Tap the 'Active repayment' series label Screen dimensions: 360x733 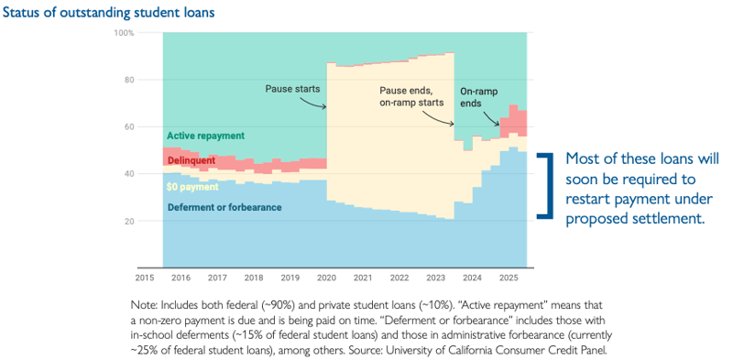pyautogui.click(x=205, y=136)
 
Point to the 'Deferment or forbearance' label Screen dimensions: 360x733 pyautogui.click(x=224, y=207)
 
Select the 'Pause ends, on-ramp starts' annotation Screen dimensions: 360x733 pyautogui.click(x=415, y=97)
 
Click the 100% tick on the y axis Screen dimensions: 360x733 pyautogui.click(x=124, y=33)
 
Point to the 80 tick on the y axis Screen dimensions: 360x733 pyautogui.click(x=128, y=80)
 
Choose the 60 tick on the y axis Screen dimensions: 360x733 pyautogui.click(x=128, y=127)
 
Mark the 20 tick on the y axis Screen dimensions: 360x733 pyautogui.click(x=128, y=222)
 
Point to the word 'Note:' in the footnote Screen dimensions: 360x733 pyautogui.click(x=147, y=303)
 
